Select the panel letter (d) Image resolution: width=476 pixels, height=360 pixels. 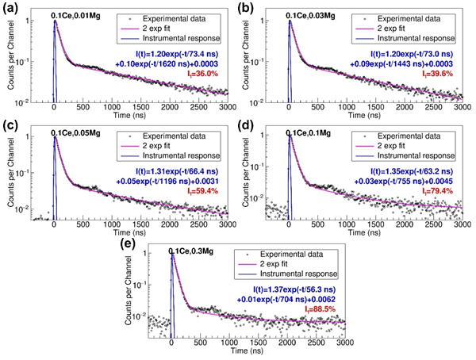(x=250, y=125)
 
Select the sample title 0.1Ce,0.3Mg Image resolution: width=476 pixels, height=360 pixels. (x=196, y=253)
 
